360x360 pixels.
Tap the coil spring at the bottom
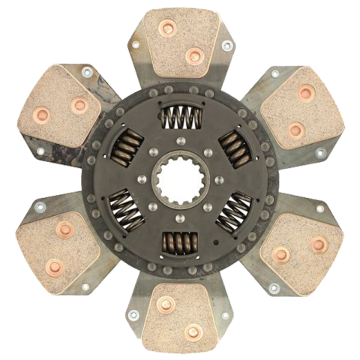pos(179,241)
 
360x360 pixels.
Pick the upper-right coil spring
pos(233,148)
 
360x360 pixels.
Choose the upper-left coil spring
pos(125,147)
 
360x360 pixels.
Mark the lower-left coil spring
pos(125,209)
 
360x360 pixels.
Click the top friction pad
pos(181,41)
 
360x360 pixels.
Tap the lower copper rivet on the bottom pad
pos(193,331)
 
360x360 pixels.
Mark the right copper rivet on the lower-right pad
pos(319,244)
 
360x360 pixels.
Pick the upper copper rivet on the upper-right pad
pos(306,93)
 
